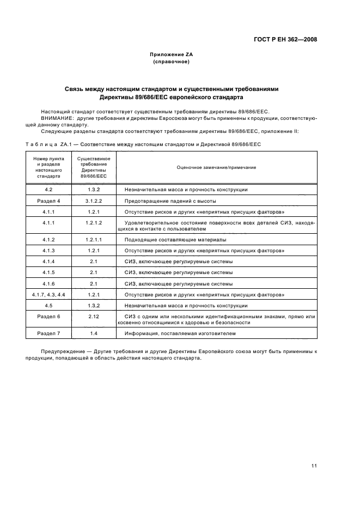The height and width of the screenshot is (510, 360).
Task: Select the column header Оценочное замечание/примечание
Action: (x=216, y=167)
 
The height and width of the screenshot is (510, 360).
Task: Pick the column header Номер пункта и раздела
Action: (x=48, y=167)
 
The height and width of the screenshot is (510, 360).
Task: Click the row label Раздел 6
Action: (x=48, y=317)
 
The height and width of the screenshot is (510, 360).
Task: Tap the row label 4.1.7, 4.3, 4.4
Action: (x=48, y=294)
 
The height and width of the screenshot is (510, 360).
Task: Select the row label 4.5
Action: (x=48, y=306)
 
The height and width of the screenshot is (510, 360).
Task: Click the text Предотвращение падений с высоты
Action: (x=170, y=201)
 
